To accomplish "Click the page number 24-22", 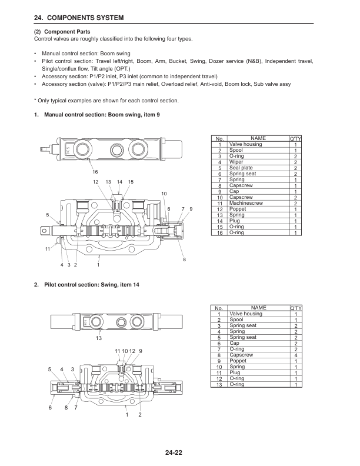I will tap(179, 452).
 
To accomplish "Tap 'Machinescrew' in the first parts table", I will tap(246, 203).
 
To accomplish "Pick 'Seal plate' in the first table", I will tap(241, 168).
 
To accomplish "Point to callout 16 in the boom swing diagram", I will tap(95, 171).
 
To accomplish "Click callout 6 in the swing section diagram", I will tap(50, 407).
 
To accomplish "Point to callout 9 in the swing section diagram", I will tap(141, 351).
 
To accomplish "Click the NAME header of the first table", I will tap(258, 138).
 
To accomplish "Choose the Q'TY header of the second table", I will tap(294, 308).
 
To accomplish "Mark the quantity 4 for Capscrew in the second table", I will tap(295, 355).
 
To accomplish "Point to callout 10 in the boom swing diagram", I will tap(164, 194).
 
